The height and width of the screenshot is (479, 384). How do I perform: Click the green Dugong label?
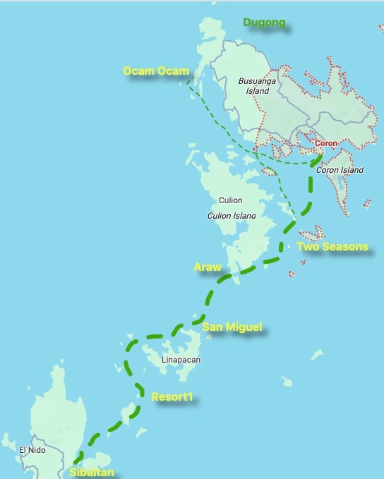(x=264, y=23)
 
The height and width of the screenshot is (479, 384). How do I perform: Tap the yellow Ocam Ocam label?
(x=155, y=71)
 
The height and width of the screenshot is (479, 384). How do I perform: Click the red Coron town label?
(x=326, y=143)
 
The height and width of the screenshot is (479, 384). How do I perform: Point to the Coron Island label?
(x=340, y=170)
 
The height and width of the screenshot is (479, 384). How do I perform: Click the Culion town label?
(x=230, y=201)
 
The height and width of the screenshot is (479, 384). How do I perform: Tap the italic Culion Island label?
(x=231, y=216)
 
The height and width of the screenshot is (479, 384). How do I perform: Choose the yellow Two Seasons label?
(x=332, y=247)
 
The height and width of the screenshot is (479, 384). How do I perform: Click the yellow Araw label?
(x=208, y=267)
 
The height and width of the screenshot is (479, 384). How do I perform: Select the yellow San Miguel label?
(x=232, y=327)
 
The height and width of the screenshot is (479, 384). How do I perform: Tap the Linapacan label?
(x=181, y=360)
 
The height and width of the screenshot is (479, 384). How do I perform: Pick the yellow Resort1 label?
(x=172, y=397)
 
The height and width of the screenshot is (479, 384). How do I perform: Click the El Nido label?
(x=32, y=450)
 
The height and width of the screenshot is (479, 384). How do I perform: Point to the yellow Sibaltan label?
(x=91, y=472)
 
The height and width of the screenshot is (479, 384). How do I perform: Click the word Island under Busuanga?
(x=258, y=91)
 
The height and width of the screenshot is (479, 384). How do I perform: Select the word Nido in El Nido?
(x=37, y=450)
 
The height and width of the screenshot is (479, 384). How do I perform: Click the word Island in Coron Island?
(x=351, y=170)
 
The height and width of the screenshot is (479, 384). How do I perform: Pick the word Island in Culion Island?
(x=243, y=216)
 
